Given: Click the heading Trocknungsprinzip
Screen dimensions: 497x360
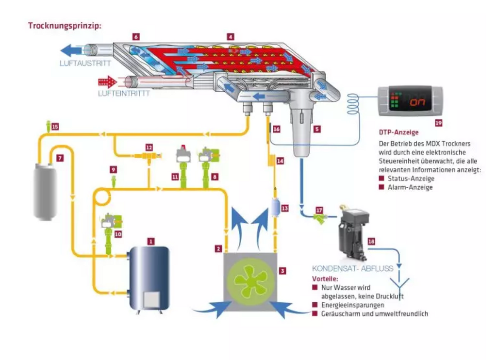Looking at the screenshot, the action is (65, 26).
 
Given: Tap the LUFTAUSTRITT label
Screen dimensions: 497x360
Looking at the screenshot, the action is (85, 64).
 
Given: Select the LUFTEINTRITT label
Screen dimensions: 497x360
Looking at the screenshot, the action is (124, 93).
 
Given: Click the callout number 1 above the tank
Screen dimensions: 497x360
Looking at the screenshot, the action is (151, 242).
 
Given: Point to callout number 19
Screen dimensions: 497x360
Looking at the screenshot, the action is (438, 123).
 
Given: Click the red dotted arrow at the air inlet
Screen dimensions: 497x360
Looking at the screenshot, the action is (108, 82).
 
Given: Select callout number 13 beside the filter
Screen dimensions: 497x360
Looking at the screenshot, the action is (284, 208).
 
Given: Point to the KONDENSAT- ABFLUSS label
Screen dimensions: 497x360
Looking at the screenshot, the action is (352, 268).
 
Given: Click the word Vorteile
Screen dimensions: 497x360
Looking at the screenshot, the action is (325, 279).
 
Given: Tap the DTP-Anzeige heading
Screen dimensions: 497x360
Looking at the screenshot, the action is (398, 132).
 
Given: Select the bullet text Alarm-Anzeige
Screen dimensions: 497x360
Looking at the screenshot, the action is (410, 187).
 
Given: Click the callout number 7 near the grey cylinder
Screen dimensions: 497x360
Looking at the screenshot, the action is (60, 158).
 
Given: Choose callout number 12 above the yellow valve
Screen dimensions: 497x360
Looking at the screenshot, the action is (149, 147).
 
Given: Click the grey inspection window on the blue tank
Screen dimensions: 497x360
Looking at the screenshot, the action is (151, 299).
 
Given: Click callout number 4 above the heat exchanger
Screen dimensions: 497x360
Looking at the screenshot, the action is (231, 37).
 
